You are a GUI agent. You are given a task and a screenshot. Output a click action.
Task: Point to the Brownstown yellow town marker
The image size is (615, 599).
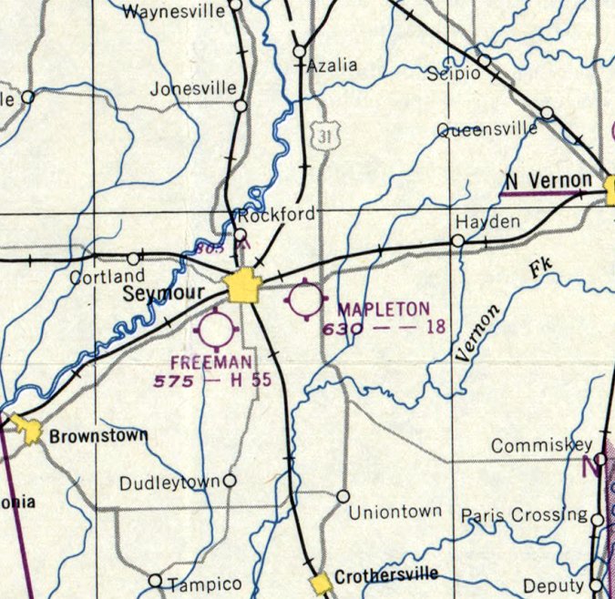(32, 431)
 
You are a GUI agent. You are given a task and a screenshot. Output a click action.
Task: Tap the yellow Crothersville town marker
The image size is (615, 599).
(320, 583)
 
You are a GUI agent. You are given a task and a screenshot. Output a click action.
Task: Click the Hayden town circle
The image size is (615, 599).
(457, 240)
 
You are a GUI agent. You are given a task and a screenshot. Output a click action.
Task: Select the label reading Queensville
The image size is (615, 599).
(487, 129)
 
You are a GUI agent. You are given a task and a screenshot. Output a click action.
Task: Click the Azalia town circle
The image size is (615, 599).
(299, 52)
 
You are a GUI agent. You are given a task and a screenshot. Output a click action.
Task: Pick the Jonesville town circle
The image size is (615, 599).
(241, 107)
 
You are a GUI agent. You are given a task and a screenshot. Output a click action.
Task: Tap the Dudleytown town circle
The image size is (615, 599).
(230, 480)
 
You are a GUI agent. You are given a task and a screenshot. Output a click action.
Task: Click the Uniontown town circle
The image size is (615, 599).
(343, 496)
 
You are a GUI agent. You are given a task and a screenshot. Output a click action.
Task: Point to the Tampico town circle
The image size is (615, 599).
(155, 580)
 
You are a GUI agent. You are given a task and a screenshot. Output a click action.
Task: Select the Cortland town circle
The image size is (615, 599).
(134, 259)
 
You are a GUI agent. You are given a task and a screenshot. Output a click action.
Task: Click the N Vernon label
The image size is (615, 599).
(548, 180)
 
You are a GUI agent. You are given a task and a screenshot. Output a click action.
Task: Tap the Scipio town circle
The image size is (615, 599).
(485, 60)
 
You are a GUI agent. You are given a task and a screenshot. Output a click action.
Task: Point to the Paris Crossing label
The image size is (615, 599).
(523, 515)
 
